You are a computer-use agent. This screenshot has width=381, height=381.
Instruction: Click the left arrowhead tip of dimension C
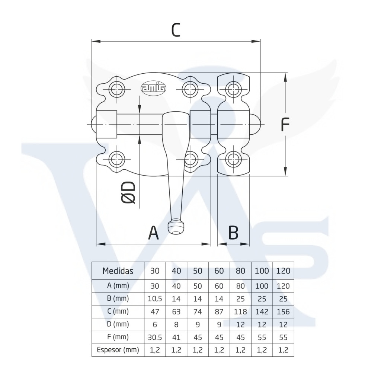(x=92, y=41)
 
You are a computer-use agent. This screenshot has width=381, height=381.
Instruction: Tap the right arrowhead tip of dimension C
(x=260, y=41)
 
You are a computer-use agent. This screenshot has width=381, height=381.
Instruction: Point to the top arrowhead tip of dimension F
(x=285, y=73)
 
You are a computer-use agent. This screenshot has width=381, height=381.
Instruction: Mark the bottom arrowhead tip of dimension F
(x=285, y=176)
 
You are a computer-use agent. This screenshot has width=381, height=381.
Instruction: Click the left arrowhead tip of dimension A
(x=96, y=244)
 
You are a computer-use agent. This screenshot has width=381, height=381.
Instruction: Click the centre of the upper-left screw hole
(x=117, y=89)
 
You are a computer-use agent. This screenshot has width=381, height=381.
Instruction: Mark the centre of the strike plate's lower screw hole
(x=234, y=159)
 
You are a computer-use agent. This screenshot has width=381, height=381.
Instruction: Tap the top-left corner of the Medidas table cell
(x=92, y=262)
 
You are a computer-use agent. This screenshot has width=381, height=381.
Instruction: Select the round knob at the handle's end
(x=176, y=227)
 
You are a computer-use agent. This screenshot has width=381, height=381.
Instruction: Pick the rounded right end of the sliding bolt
(x=255, y=124)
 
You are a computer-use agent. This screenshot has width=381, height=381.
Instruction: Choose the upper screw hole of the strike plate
(x=234, y=89)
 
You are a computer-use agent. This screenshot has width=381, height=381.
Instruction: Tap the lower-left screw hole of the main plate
(x=117, y=159)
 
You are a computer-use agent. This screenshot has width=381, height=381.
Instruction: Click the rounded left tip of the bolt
(x=94, y=124)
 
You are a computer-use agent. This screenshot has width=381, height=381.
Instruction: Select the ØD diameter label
(x=128, y=192)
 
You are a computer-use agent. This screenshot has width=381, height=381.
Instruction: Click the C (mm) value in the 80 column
(x=240, y=311)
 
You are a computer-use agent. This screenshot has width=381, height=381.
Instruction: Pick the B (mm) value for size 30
(x=155, y=299)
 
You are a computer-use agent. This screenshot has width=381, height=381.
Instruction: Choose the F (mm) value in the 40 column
(x=176, y=337)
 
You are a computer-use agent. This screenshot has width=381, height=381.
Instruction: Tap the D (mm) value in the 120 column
(x=283, y=324)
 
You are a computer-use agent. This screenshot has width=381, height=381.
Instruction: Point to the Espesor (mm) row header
(x=118, y=350)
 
